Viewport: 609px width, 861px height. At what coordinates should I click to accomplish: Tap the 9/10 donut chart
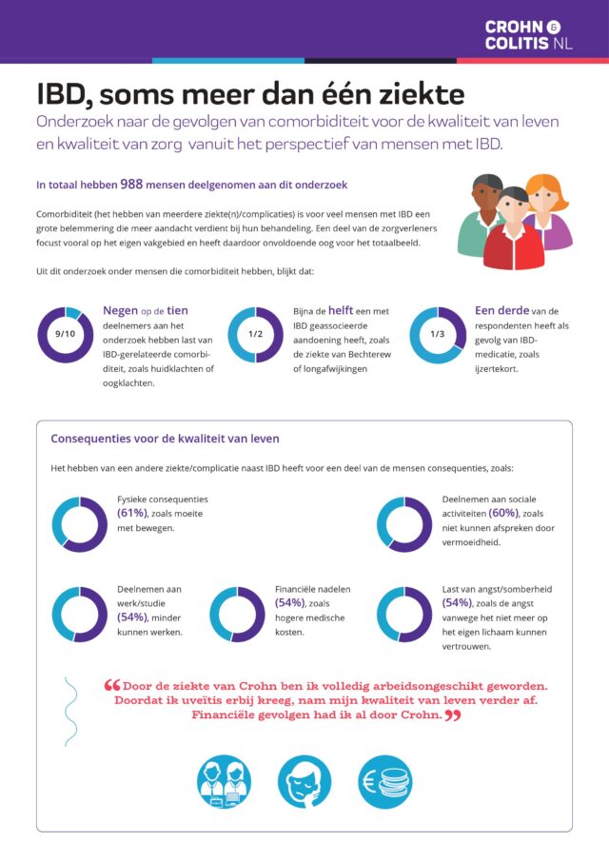coord(66,334)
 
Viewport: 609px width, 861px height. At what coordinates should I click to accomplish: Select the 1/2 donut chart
coord(256,334)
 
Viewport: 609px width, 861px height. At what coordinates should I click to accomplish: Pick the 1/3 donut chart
coord(438,334)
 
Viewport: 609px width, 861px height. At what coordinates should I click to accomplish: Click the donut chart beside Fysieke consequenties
coord(80,524)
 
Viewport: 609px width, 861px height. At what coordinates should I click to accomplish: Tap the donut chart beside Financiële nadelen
coord(237,614)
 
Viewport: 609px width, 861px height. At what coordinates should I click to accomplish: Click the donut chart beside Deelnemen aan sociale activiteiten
coord(404,524)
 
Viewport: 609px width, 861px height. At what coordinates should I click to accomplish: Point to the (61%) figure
coord(131,514)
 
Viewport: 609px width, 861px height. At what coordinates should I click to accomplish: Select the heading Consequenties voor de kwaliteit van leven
coord(165,439)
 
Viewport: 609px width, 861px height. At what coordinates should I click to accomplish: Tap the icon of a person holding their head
coord(304,782)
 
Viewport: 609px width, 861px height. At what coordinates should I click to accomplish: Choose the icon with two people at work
coord(224,782)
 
